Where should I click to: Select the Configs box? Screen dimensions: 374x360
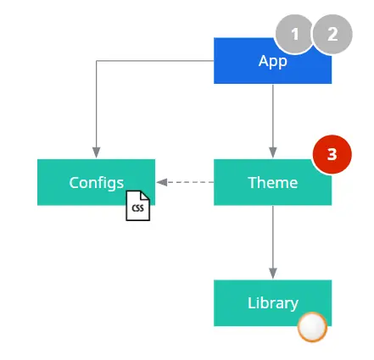pos(96,182)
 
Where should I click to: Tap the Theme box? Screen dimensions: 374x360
pos(272,182)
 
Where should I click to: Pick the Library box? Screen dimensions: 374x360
pos(272,303)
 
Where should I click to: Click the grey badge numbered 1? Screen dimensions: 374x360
pos(295,34)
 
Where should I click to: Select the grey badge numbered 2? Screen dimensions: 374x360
pos(332,34)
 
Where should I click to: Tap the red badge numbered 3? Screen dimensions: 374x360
pos(332,154)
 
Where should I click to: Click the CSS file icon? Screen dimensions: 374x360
pos(138,206)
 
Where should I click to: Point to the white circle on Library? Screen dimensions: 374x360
pos(312,327)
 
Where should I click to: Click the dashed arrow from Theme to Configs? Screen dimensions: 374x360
pos(185,182)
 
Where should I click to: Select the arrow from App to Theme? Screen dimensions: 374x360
pos(273,121)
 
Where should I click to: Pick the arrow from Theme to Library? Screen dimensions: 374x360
pos(273,242)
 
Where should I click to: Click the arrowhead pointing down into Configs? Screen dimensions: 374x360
pos(97,152)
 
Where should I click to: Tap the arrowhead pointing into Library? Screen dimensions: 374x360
pos(273,274)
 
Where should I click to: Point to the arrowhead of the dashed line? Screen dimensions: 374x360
pos(162,182)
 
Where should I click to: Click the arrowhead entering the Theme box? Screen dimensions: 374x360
pos(273,152)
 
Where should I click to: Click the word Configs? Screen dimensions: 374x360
pos(97,183)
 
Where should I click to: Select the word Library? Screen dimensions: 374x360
pos(273,303)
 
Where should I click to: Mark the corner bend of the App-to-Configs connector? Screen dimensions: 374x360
pos(97,61)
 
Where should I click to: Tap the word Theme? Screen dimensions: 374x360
pos(273,182)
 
